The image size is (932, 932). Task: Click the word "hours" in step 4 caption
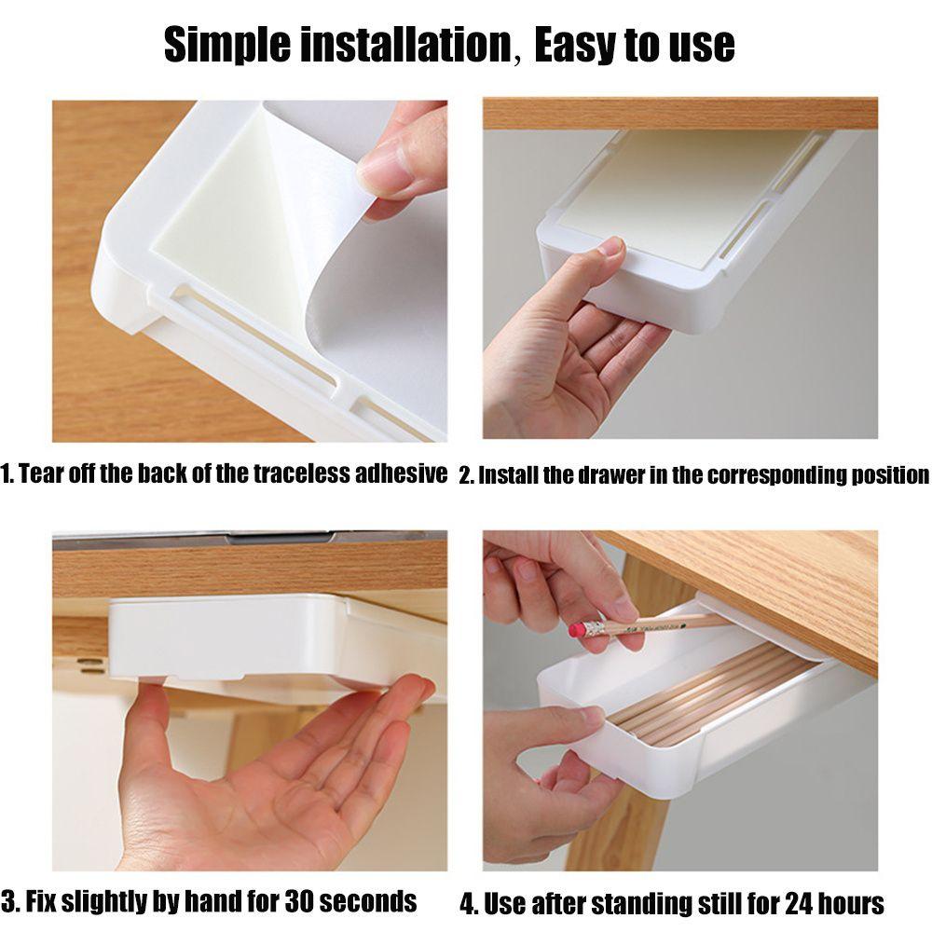point(850,903)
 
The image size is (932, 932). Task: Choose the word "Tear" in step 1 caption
point(40,473)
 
